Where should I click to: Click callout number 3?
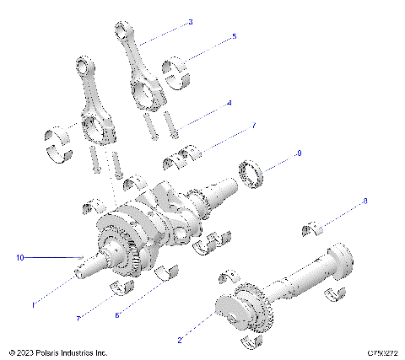coord(190,22)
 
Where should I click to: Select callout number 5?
coord(234,37)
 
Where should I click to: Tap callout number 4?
coord(228,103)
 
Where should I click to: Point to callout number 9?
coord(274,153)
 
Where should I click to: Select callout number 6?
coord(118,315)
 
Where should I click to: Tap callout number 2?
coord(180,340)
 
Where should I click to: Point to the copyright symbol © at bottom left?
coord(12,352)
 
